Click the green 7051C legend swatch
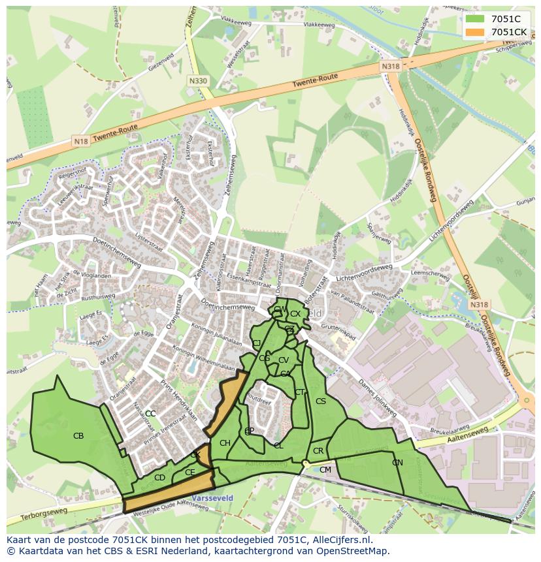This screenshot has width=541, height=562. point(476,19)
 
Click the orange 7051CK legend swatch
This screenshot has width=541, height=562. point(476,32)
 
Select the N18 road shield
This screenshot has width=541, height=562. point(81,141)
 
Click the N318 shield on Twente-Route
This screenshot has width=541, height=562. point(390,67)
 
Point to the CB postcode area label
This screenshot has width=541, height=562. point(78,436)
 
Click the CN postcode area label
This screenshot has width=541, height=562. point(397,463)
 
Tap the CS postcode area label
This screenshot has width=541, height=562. point(320,401)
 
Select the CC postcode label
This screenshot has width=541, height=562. point(150,414)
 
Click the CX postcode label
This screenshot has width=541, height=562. point(295,314)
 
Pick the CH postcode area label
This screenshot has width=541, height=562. point(225,444)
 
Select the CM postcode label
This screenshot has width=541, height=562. point(325,470)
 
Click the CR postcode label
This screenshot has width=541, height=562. point(318,451)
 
